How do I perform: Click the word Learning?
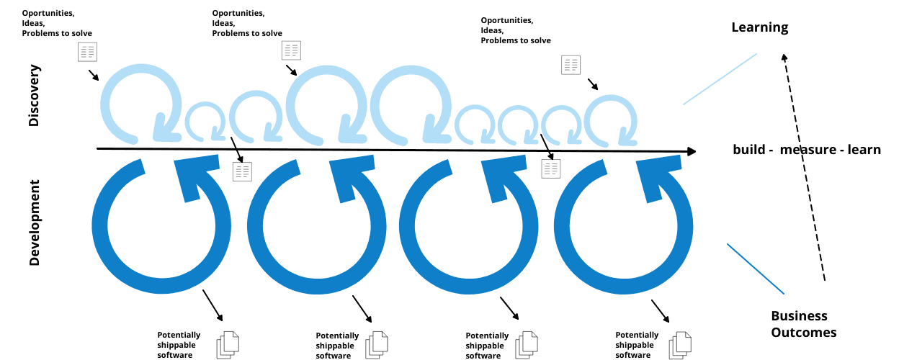tap(759, 28)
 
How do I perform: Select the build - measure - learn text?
tap(807, 150)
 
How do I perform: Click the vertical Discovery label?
tap(34, 96)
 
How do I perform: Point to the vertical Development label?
tap(34, 222)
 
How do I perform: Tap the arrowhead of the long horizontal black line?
tap(692, 151)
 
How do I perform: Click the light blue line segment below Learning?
tap(720, 78)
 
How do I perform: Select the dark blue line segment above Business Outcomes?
tap(755, 269)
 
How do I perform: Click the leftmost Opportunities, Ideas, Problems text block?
tap(57, 23)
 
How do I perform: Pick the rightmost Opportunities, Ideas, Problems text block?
tap(516, 30)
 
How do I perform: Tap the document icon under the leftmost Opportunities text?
tap(87, 51)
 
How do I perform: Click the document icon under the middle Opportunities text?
tap(291, 50)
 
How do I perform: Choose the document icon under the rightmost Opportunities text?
tap(571, 65)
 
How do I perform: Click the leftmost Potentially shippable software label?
tap(179, 345)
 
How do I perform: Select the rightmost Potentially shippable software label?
tap(637, 345)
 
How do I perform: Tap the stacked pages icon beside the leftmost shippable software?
tap(228, 344)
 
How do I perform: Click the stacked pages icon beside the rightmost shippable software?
tap(679, 344)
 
